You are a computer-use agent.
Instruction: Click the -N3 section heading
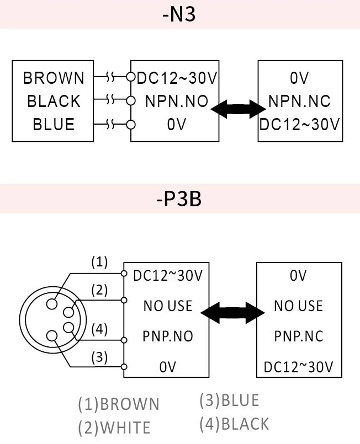point(179,14)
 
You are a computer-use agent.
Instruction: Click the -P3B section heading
point(179,199)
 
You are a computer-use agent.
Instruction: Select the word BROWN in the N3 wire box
point(54,78)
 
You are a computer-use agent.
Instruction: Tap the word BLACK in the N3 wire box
point(54,101)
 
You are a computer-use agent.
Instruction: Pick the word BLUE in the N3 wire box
point(54,124)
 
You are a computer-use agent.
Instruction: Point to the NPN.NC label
point(299,101)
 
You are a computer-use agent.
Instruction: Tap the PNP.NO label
point(168,336)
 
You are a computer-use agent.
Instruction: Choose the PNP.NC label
point(298,336)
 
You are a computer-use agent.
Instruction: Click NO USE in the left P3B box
point(168,306)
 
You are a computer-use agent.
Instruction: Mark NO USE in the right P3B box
point(298,306)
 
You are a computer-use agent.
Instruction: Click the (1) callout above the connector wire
point(99,263)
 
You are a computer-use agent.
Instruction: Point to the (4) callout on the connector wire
point(99,329)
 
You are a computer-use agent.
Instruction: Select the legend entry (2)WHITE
point(114,427)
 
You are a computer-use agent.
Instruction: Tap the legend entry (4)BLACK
point(234,424)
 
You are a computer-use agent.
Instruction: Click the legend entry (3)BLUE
point(229,400)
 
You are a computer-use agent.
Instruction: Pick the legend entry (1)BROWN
point(118,404)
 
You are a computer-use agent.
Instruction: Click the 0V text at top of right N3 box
point(299,78)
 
